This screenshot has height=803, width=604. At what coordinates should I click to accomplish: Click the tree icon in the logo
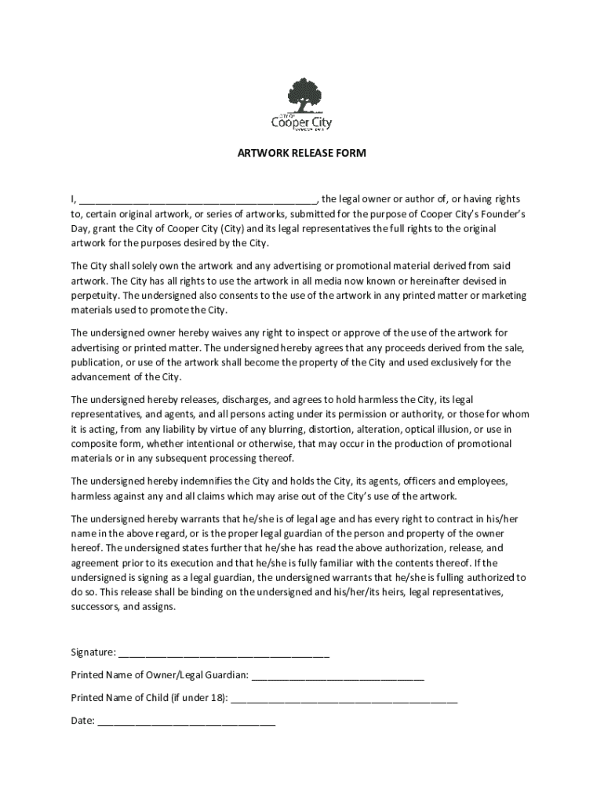tap(303, 96)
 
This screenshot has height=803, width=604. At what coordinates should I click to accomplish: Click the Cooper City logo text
tap(301, 122)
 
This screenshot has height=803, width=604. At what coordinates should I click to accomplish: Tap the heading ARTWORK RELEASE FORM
tap(302, 154)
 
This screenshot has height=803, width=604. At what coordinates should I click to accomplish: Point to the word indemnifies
tap(216, 481)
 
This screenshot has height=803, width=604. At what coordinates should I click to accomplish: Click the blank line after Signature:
tap(224, 653)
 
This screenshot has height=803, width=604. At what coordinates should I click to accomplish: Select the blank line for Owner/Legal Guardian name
tap(338, 675)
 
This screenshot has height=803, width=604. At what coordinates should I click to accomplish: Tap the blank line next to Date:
tap(187, 721)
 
